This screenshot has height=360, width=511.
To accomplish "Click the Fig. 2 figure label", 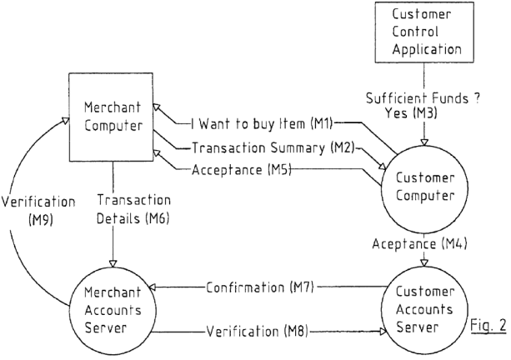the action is pyautogui.click(x=488, y=325).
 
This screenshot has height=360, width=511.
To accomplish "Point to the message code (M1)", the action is pyautogui.click(x=321, y=123).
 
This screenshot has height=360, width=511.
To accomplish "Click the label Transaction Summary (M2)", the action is pyautogui.click(x=273, y=147).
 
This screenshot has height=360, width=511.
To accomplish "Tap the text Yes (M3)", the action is pyautogui.click(x=411, y=112).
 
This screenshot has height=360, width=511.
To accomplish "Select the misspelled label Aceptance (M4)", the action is pyautogui.click(x=420, y=243).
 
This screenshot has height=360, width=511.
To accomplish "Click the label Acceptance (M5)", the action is pyautogui.click(x=241, y=170).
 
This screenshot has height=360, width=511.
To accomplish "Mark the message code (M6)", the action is pyautogui.click(x=158, y=218).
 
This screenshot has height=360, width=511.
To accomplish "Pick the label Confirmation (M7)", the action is pyautogui.click(x=260, y=287).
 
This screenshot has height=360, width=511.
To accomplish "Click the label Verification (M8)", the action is pyautogui.click(x=257, y=332).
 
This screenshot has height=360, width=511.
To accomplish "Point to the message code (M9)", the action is pyautogui.click(x=40, y=220).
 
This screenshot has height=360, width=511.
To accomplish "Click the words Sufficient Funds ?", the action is pyautogui.click(x=423, y=97).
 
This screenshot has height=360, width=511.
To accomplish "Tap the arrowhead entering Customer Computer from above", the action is pyautogui.click(x=424, y=142).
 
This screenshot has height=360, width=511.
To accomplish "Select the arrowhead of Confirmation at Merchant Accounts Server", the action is pyautogui.click(x=153, y=287).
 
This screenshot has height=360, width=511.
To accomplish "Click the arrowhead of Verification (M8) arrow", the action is pyautogui.click(x=383, y=332).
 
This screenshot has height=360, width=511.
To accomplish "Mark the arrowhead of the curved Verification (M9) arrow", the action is pyautogui.click(x=66, y=120).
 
